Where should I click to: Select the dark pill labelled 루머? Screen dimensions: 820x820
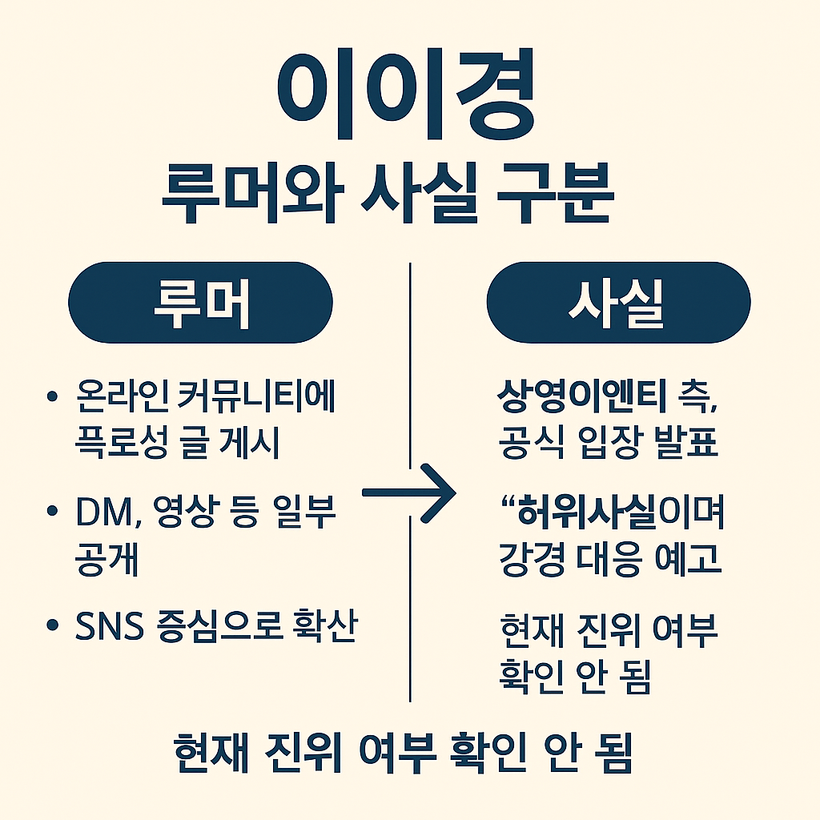coord(200,303)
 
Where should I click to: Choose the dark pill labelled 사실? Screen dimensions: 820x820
coord(617,303)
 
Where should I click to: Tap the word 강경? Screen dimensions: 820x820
coord(529,559)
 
